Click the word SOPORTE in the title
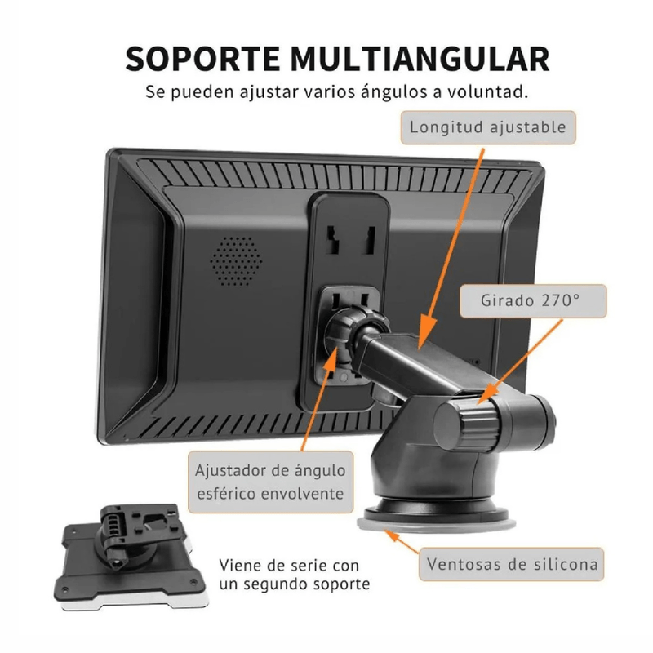coord(202,59)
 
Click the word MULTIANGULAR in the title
coord(420,59)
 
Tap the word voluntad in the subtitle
coord(487,91)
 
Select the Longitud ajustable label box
coord(488,127)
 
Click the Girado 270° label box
coord(533,300)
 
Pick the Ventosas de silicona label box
coord(512,564)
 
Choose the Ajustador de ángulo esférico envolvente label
coord(271,482)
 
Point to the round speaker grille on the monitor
coord(236,261)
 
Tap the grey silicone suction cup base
coord(436,524)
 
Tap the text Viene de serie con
coord(289,566)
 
